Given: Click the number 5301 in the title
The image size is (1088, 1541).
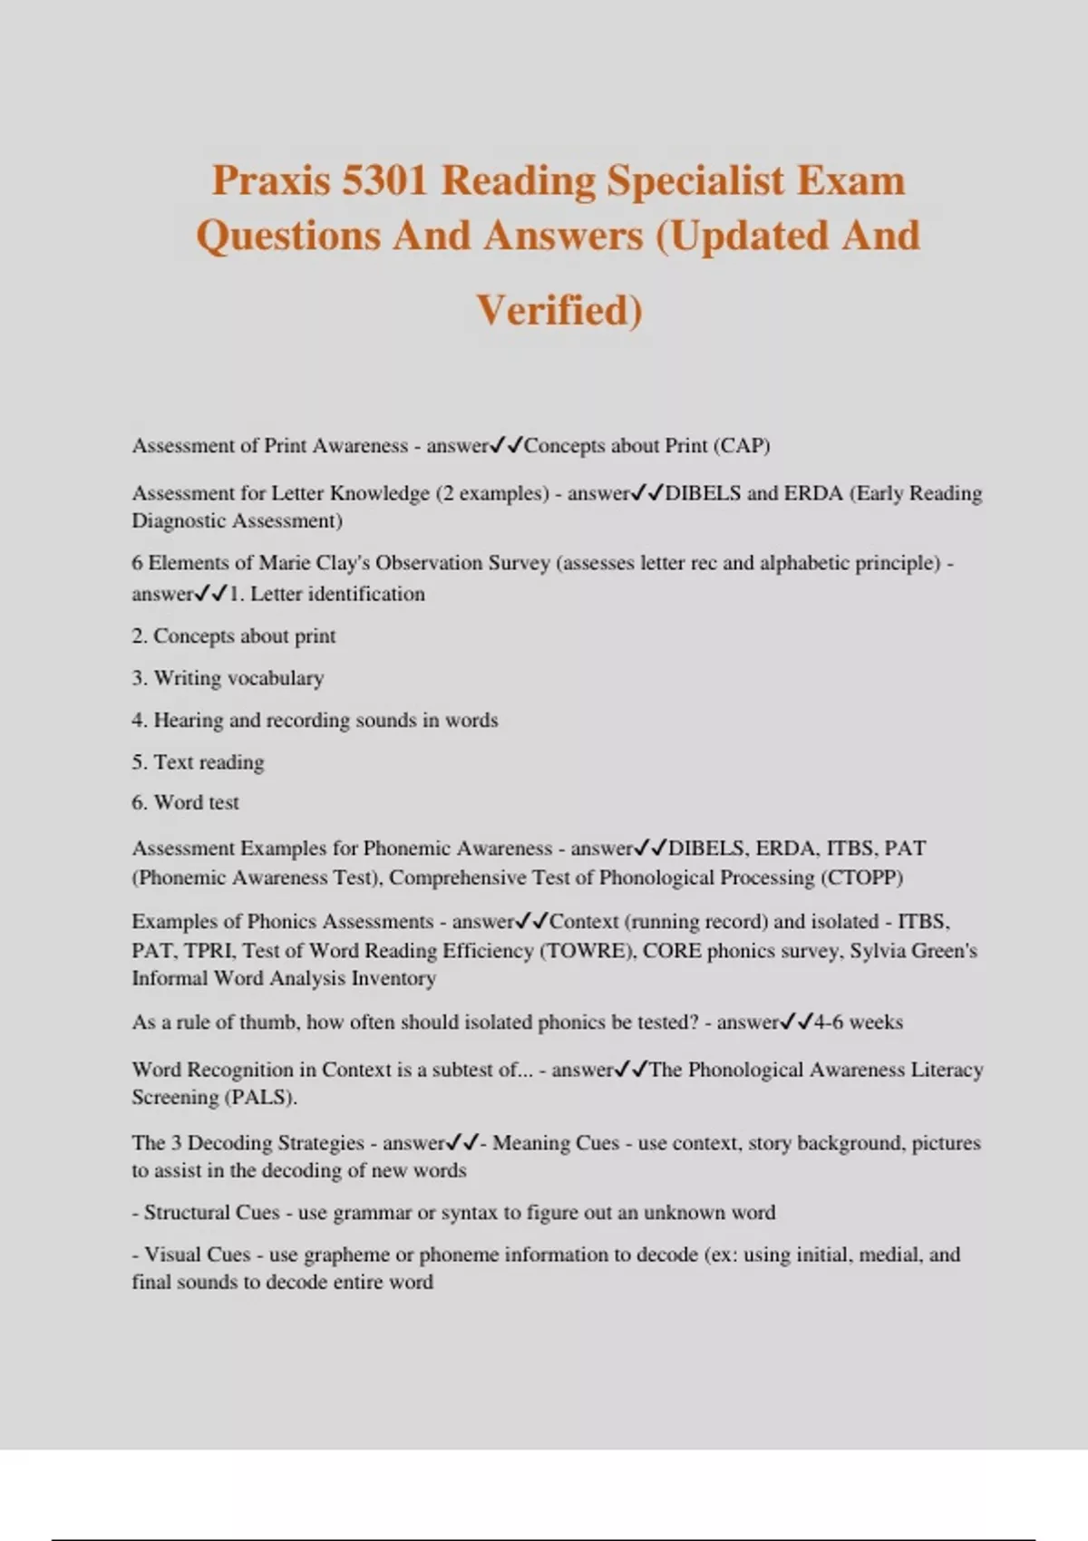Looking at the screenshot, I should click(x=384, y=180).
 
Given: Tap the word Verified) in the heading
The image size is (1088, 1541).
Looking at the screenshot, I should click(x=559, y=310).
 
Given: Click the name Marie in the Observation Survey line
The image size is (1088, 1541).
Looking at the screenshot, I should click(x=285, y=563).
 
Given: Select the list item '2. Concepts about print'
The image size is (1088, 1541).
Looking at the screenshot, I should click(x=234, y=636).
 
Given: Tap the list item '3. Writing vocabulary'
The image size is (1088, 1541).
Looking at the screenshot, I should click(x=228, y=678).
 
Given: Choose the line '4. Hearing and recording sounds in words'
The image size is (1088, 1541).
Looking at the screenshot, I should click(x=315, y=720).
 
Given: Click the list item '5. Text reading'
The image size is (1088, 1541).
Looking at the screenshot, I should click(x=198, y=761).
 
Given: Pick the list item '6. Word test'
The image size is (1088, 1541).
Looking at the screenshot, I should click(x=186, y=802).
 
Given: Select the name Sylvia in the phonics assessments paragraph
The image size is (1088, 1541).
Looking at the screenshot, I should click(x=879, y=950).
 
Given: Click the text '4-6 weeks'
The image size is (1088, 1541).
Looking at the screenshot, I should click(x=858, y=1022).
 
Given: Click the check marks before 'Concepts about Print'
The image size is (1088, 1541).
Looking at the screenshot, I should click(x=507, y=445).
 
